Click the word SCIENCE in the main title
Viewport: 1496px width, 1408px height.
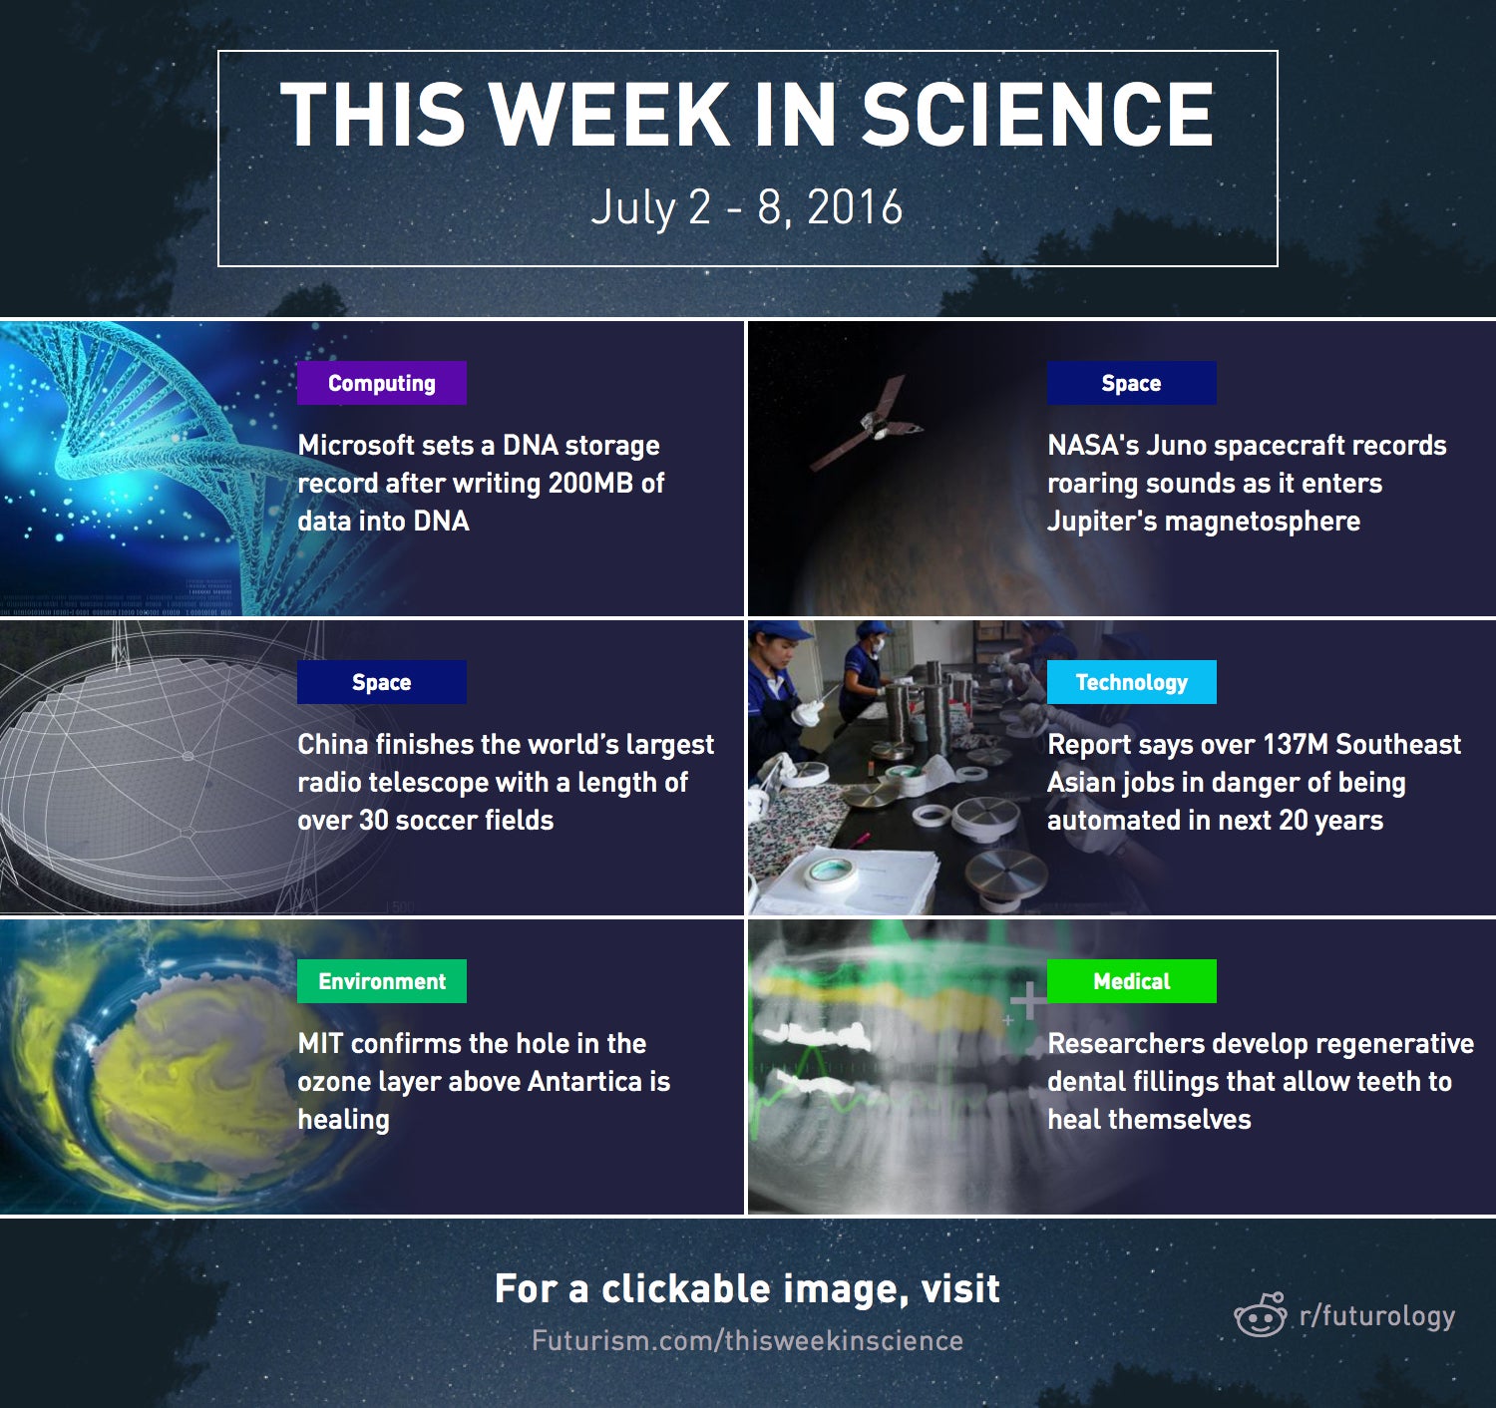tap(1036, 114)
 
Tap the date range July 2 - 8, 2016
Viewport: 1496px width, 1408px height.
tap(746, 207)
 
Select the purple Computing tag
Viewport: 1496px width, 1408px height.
tap(382, 383)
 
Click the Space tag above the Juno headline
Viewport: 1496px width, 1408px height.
tap(1131, 383)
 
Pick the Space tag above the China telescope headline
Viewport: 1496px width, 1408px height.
tap(382, 682)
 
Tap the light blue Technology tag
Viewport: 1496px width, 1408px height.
tap(1131, 682)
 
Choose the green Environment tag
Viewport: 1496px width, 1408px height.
tap(382, 981)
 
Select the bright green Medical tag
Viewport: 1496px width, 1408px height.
tap(1131, 981)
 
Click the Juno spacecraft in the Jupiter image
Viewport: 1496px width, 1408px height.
tap(868, 423)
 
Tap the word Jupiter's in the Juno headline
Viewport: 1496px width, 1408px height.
tap(1102, 521)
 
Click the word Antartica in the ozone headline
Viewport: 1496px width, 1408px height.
tap(583, 1081)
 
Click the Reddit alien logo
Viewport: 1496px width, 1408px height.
tap(1261, 1315)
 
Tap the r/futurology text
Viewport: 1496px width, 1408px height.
tap(1377, 1316)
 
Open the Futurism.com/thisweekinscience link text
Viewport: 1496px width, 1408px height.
tap(747, 1341)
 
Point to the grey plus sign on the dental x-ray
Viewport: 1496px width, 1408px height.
tap(1027, 1001)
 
